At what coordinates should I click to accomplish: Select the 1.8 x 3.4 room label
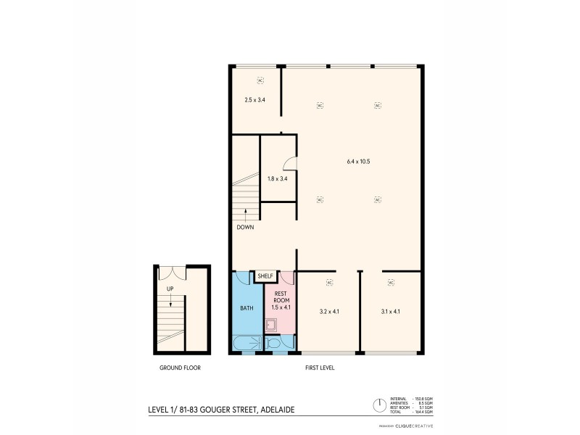coord(278,178)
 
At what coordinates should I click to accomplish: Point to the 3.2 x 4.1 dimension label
coord(329,312)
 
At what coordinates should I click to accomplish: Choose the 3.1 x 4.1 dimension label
coord(390,312)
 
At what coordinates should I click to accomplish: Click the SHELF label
coord(264,276)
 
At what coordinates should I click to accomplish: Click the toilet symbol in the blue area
coord(274,343)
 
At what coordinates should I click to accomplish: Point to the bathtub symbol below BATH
coord(246,343)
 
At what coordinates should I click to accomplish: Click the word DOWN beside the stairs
coord(245,227)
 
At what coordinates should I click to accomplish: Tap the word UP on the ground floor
coord(170,288)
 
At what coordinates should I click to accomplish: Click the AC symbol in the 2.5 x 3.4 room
coord(260,80)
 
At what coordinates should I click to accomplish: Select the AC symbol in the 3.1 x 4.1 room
coord(390,282)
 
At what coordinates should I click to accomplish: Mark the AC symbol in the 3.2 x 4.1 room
coord(329,282)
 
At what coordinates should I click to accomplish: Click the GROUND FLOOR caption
coord(180,368)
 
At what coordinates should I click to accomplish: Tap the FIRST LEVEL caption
coord(320,368)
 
